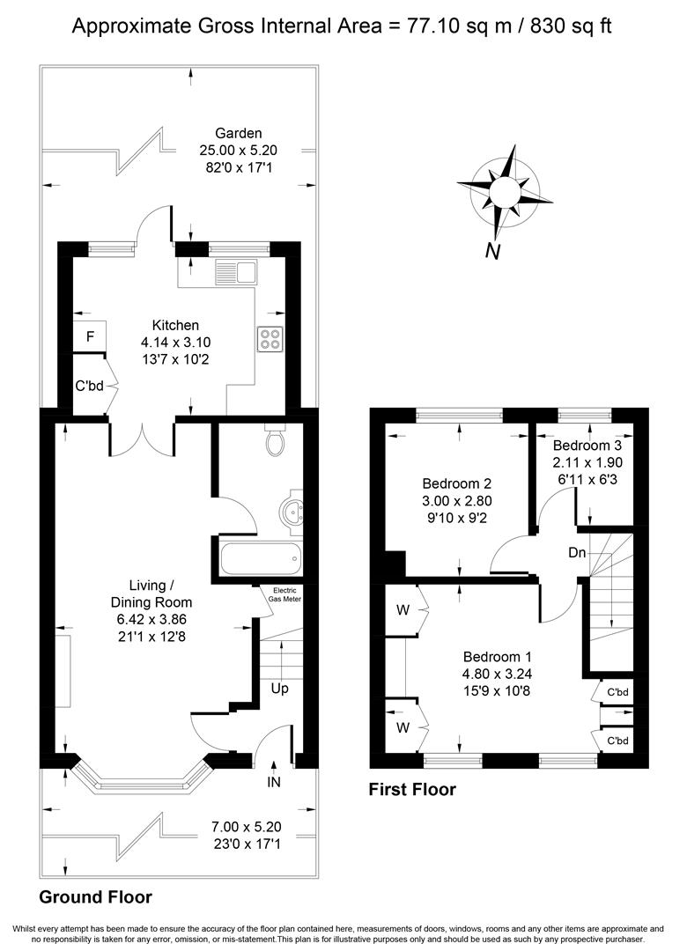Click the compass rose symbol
(505, 192)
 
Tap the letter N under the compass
(492, 251)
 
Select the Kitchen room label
(175, 325)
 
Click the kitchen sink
(236, 272)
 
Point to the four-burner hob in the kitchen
(270, 339)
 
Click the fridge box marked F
(90, 336)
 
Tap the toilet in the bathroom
(275, 440)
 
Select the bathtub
(261, 560)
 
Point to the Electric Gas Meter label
(284, 594)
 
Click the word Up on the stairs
(280, 689)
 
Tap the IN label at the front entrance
(274, 783)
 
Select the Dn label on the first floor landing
(577, 552)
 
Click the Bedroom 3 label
(587, 446)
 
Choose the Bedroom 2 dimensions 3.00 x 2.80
(457, 501)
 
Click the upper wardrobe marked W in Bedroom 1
(403, 610)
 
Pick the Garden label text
(239, 134)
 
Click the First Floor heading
(412, 789)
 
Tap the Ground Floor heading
(95, 897)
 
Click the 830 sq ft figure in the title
(571, 26)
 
